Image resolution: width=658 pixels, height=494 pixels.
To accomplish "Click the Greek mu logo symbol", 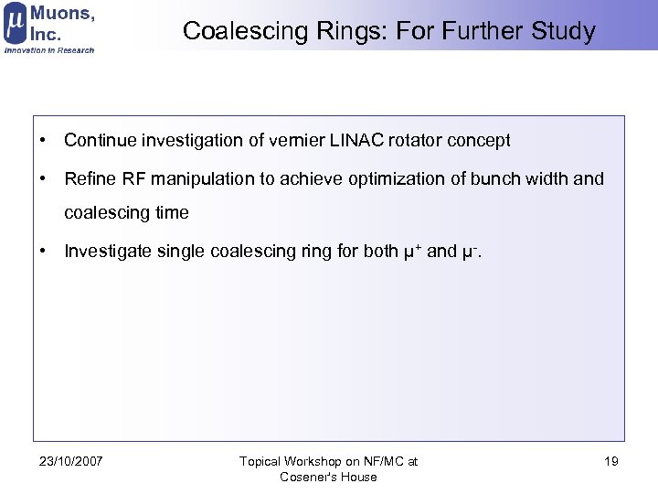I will point(15,25).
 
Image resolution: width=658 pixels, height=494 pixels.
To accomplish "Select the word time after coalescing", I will point(172,212).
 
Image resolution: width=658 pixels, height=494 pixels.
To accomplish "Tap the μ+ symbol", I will point(410,251).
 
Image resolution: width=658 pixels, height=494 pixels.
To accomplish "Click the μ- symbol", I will point(469,251).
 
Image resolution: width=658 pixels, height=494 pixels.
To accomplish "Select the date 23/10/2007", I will point(71,461).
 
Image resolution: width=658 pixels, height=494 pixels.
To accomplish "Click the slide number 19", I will point(611,461).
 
